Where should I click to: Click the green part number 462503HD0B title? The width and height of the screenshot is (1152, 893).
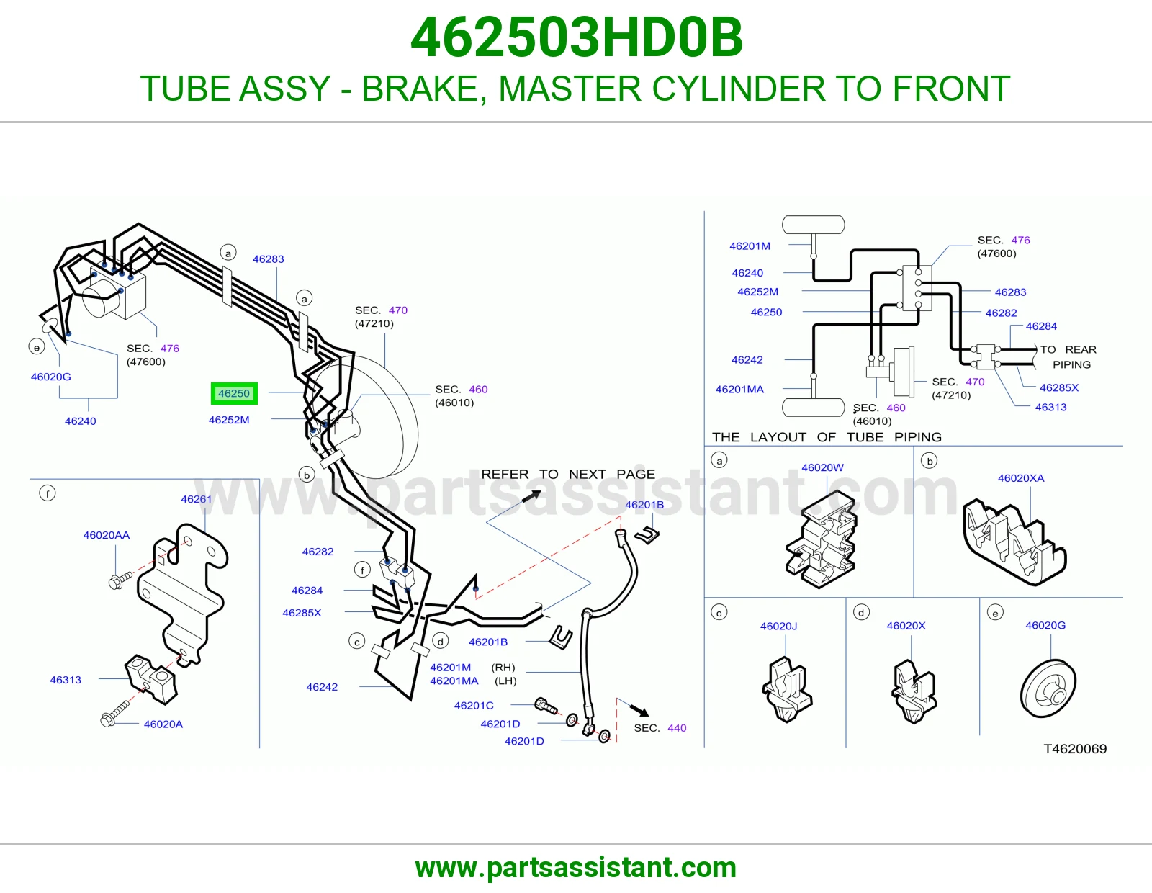(576, 37)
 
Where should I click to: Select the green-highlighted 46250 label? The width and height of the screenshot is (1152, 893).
(234, 393)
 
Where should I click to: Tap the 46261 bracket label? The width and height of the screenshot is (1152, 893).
(196, 499)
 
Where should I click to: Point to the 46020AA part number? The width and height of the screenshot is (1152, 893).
(106, 535)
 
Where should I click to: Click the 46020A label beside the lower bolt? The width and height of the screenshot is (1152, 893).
(163, 724)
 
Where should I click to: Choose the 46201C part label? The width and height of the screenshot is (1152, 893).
(474, 706)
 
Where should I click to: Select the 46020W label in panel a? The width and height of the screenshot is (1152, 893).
(822, 467)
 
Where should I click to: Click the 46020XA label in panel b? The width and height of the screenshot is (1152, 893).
(1021, 478)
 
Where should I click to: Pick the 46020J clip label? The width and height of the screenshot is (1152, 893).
(779, 627)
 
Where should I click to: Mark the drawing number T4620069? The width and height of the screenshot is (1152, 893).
(1075, 749)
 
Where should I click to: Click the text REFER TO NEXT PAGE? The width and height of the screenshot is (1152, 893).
(568, 474)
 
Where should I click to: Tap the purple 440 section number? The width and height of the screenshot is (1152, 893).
(677, 728)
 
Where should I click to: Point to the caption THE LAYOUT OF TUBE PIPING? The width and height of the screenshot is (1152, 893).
(827, 437)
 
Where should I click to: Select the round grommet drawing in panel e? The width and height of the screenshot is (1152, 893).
(1048, 689)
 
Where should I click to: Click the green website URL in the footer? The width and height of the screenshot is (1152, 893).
(576, 868)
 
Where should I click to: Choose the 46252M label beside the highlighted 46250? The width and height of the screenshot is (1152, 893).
(229, 420)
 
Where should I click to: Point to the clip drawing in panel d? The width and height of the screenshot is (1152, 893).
(914, 691)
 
